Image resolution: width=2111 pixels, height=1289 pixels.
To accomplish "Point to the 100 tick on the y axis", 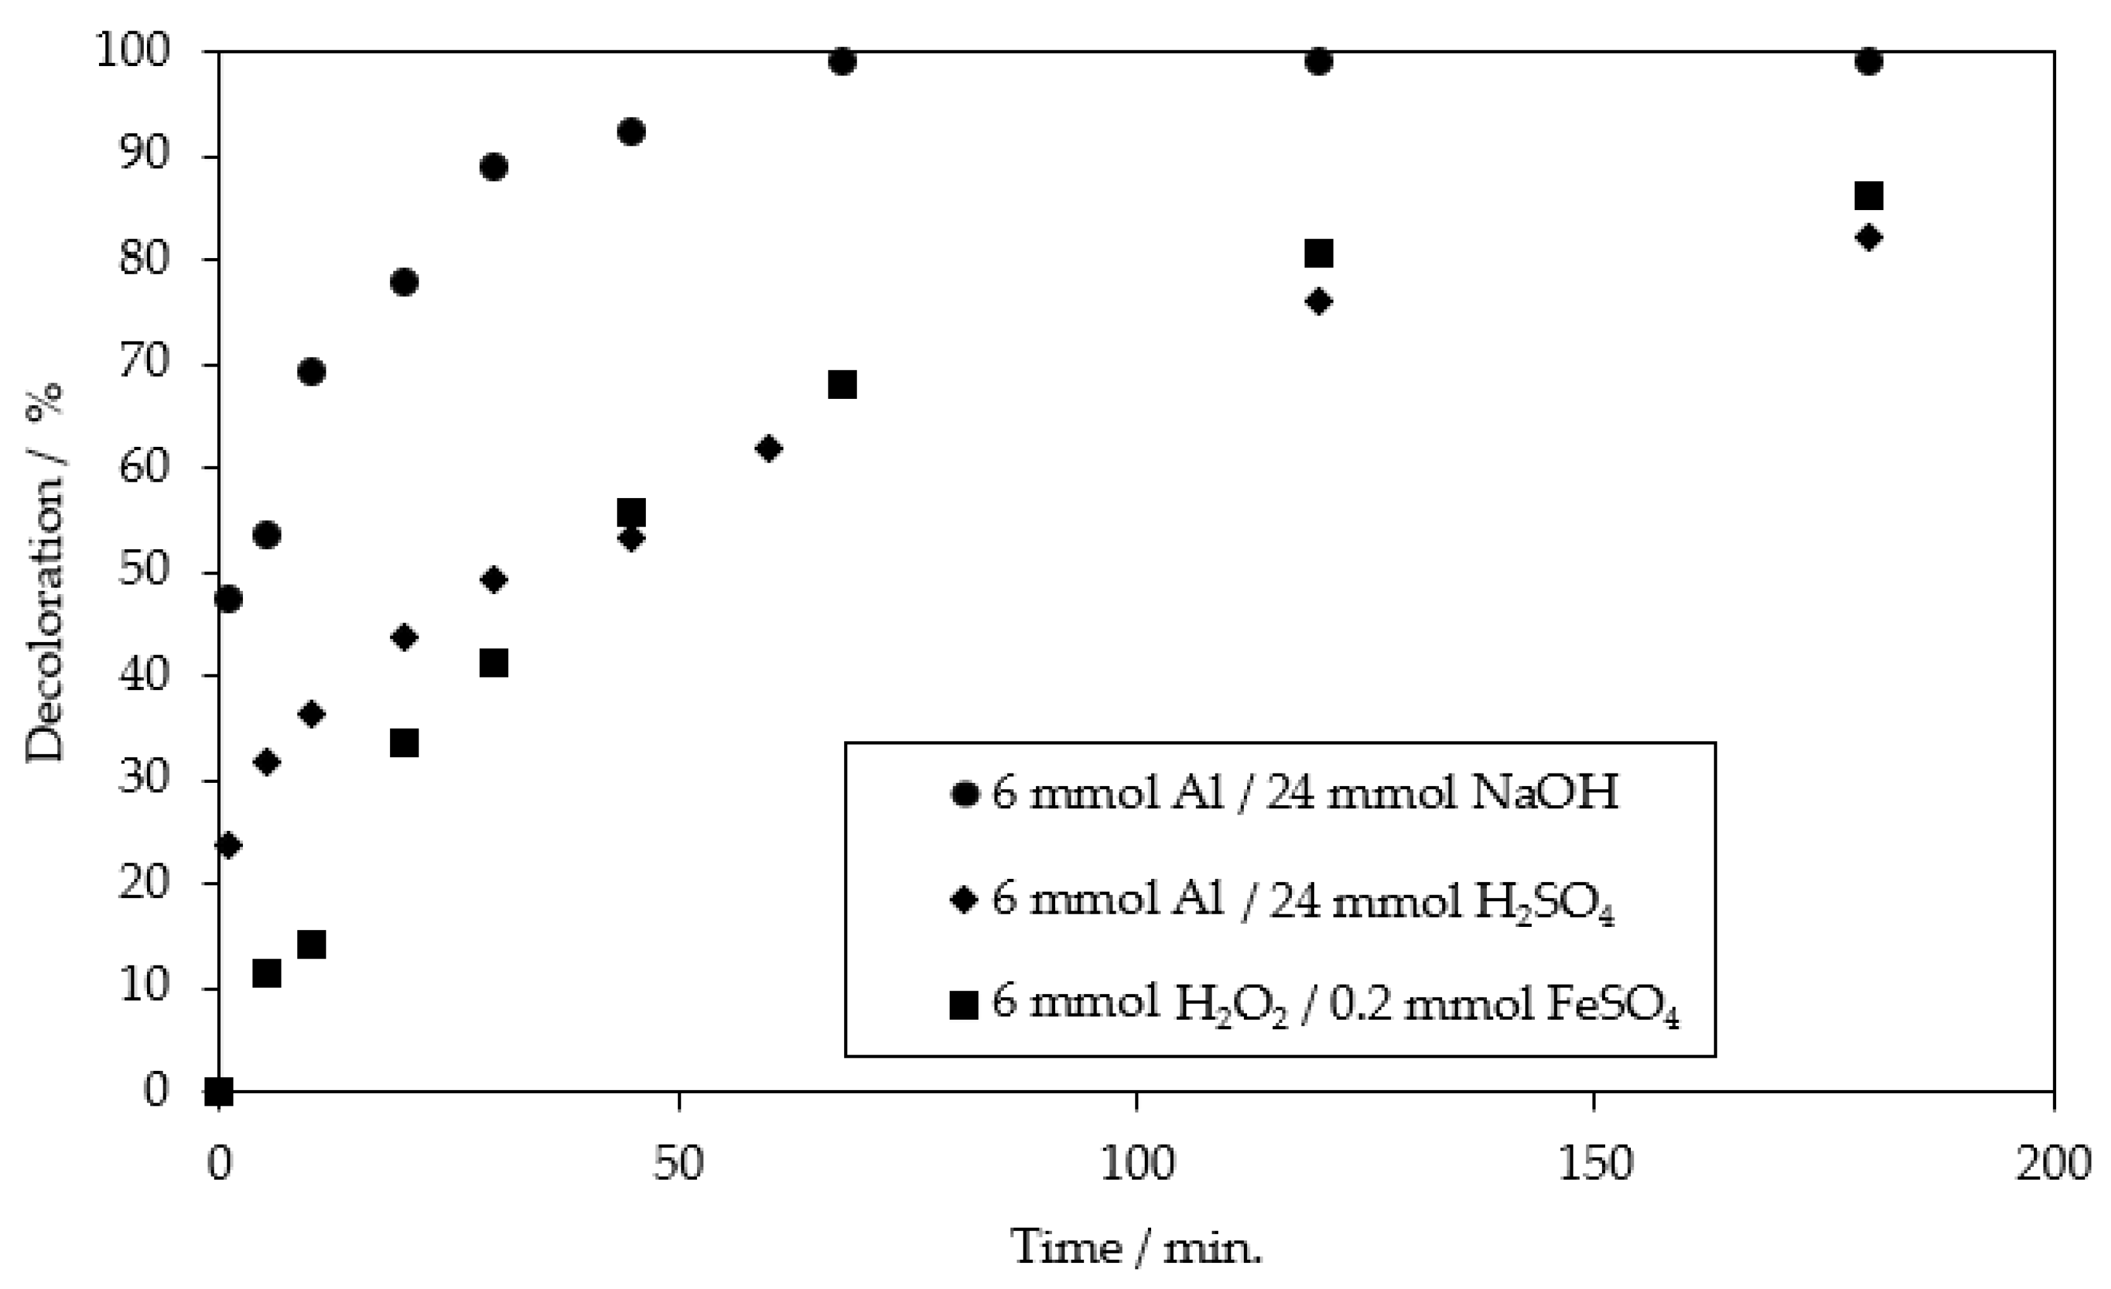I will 141,53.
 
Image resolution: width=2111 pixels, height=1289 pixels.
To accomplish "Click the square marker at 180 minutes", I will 1869,196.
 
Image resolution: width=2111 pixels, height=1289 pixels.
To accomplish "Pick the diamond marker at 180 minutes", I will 1869,237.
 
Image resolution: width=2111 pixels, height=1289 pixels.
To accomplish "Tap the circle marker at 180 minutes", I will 1869,62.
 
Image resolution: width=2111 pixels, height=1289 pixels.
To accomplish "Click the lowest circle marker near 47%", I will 229,598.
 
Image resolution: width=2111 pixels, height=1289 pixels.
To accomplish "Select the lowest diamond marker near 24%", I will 229,846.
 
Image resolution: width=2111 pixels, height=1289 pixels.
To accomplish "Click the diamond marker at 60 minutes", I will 769,448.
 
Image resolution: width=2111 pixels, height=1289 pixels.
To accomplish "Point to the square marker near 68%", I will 842,385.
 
